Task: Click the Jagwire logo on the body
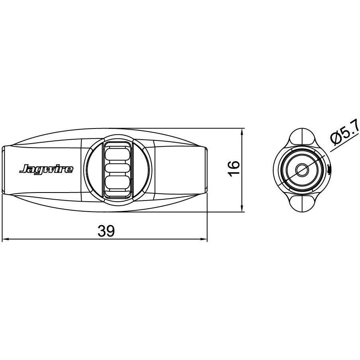coord(47,169)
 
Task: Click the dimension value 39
coord(106,231)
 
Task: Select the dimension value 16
coord(234,169)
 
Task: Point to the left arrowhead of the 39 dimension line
coord(5,239)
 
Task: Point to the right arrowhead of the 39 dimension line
coord(204,239)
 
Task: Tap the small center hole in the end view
coord(302,170)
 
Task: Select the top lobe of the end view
coord(302,138)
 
